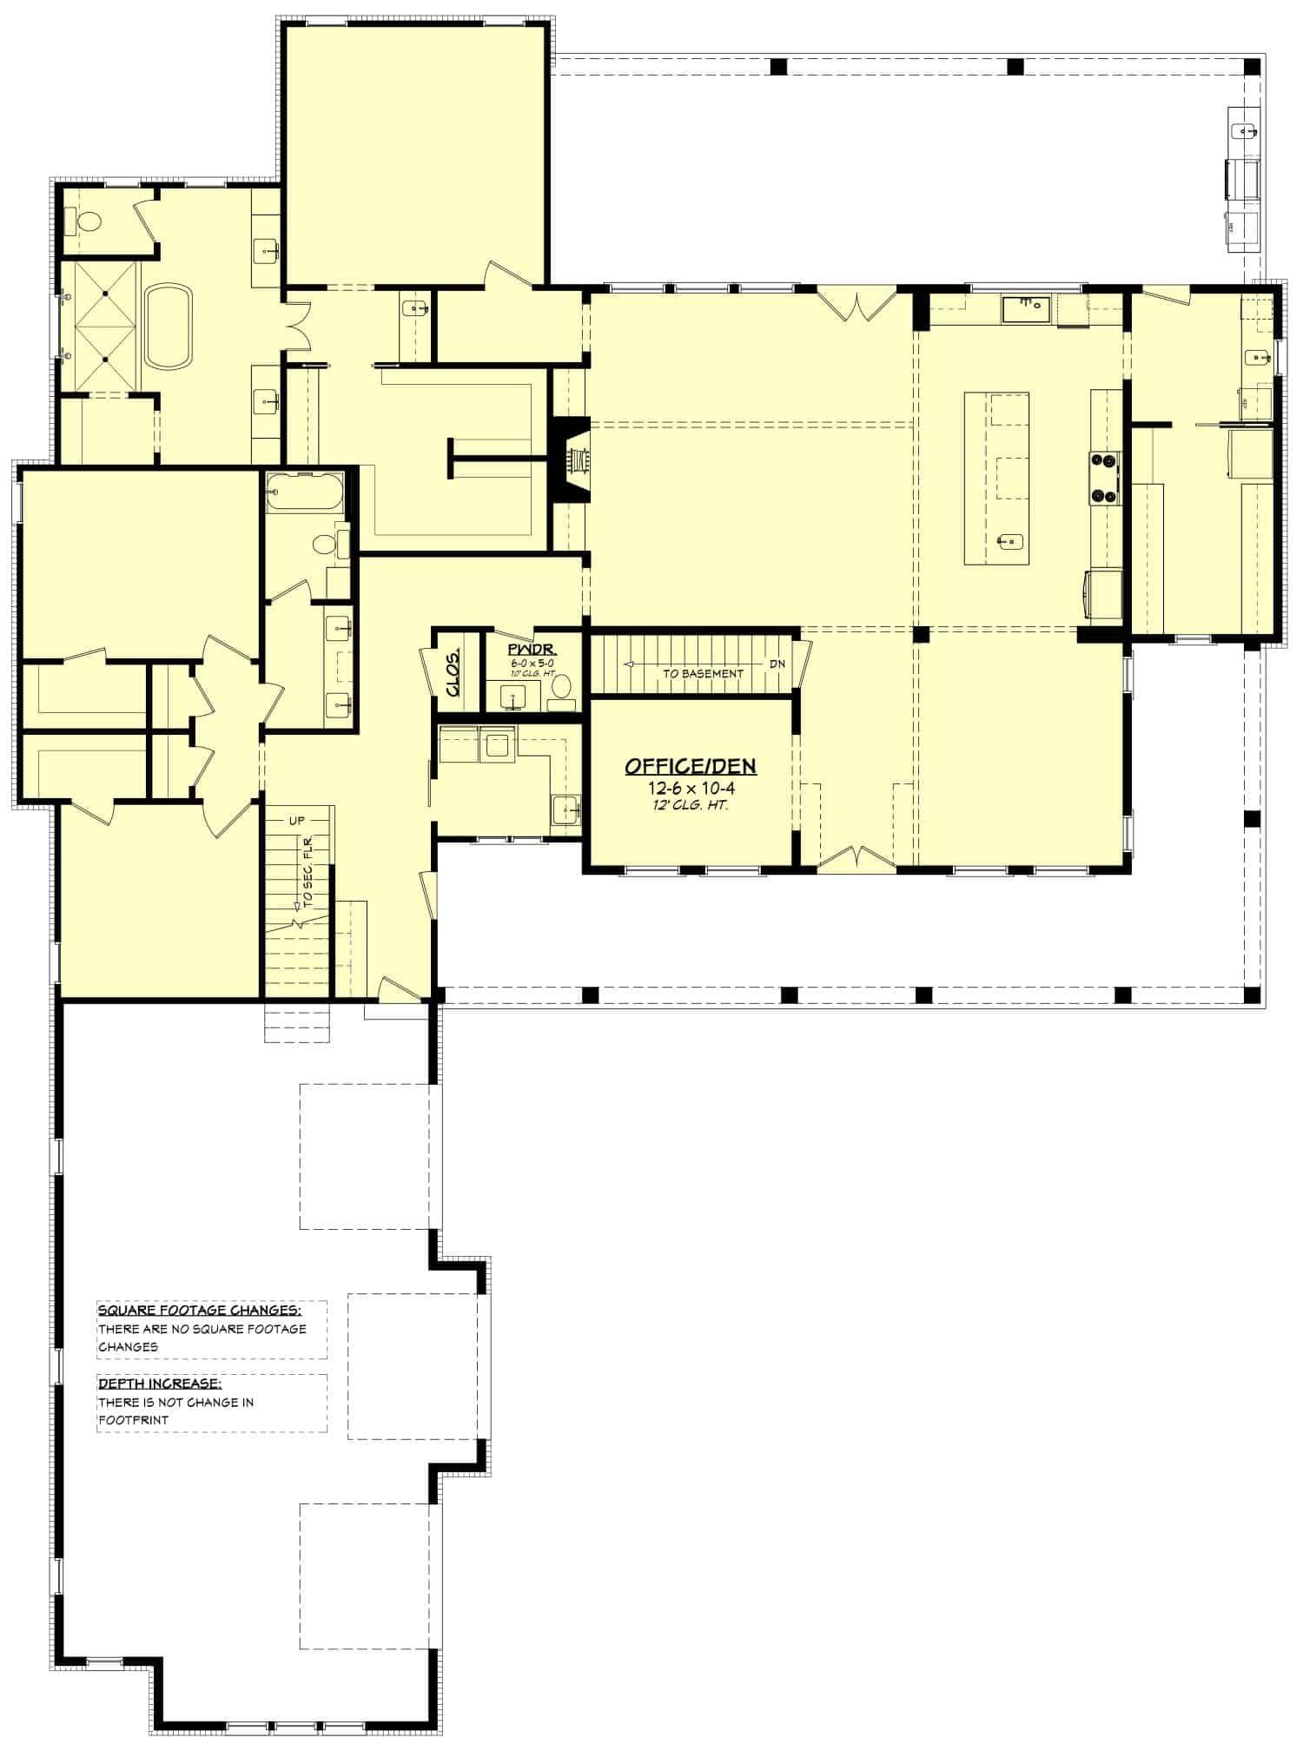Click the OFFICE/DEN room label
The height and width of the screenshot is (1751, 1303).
click(690, 766)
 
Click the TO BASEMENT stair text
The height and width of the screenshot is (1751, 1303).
click(703, 673)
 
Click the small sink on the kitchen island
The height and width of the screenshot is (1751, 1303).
click(1009, 542)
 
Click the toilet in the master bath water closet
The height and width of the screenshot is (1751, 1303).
click(89, 223)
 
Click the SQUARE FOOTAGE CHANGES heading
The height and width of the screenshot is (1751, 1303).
click(200, 1310)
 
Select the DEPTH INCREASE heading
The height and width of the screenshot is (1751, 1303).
click(159, 1384)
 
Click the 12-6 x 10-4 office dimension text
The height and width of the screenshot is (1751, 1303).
click(691, 789)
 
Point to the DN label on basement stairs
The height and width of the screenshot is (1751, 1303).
click(777, 664)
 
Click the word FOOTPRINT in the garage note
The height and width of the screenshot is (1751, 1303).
click(134, 1421)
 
